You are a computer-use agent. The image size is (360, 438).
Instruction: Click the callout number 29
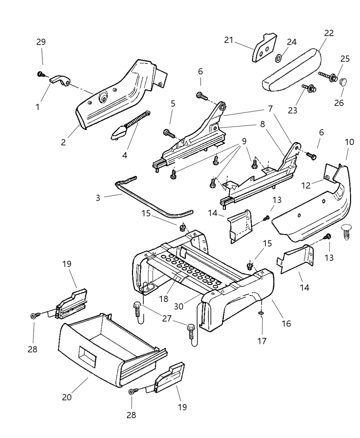41,42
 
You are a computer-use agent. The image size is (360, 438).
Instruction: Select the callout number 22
329,33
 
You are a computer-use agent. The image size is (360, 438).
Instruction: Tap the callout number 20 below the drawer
67,397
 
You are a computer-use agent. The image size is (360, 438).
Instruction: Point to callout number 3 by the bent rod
98,198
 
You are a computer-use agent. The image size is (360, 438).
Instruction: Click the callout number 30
178,306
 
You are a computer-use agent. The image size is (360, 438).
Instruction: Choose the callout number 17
262,341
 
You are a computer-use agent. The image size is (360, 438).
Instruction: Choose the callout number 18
164,299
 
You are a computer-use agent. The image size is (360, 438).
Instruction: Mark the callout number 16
286,323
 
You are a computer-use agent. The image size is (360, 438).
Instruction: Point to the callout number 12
306,186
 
